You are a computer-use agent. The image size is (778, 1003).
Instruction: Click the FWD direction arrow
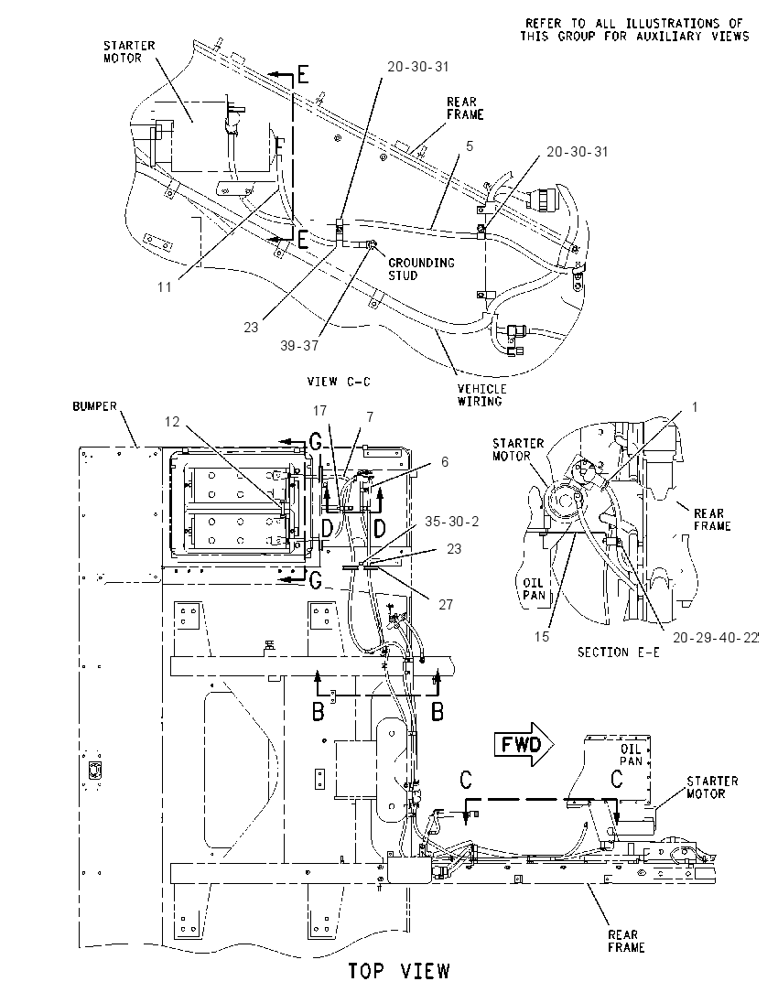click(524, 744)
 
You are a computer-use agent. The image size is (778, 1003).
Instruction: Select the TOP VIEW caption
click(398, 971)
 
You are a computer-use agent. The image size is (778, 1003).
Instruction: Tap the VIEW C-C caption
click(339, 382)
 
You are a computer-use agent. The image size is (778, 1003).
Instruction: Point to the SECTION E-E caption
click(620, 652)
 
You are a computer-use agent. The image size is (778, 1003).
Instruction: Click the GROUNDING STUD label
click(421, 269)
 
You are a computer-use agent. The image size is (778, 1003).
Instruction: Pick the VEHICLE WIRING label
click(481, 394)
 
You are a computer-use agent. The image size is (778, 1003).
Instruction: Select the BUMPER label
click(94, 406)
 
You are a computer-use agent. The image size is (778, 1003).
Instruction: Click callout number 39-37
click(298, 345)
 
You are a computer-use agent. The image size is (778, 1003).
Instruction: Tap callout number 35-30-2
click(452, 522)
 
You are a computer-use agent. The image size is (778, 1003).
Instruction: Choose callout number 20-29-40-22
click(715, 637)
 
